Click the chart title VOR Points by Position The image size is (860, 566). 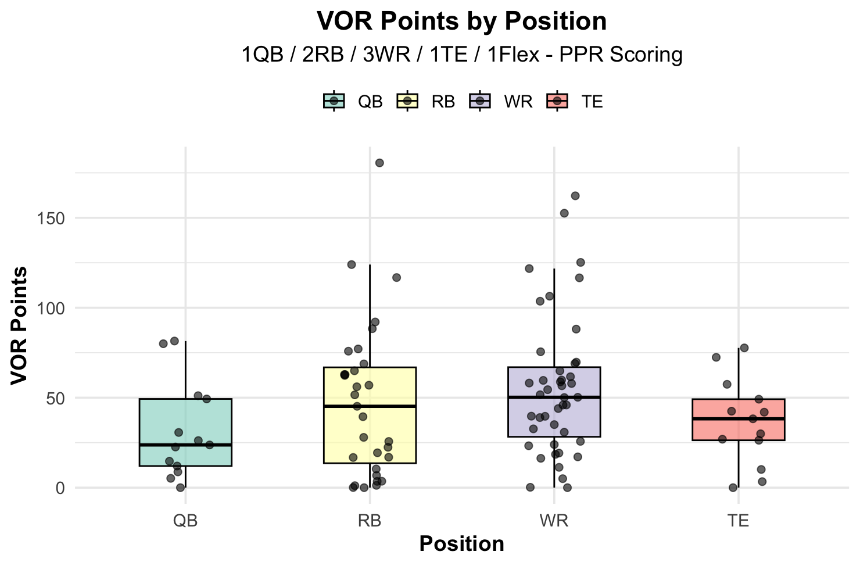[x=461, y=22]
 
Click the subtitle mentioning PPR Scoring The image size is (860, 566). [x=461, y=55]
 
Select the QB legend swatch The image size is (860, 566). [x=334, y=101]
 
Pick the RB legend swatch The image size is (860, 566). [x=407, y=101]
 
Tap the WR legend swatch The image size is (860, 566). [x=480, y=101]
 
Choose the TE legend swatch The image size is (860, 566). [x=557, y=101]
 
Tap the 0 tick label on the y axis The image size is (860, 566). [x=60, y=488]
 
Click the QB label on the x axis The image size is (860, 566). [x=185, y=521]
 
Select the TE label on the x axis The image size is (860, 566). [x=738, y=521]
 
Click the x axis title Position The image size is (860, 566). [x=461, y=544]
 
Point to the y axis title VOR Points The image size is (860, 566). [x=19, y=325]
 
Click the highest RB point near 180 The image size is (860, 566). [x=379, y=163]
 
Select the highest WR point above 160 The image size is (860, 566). [x=575, y=196]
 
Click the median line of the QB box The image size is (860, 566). [x=185, y=445]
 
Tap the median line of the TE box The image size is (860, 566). [x=738, y=418]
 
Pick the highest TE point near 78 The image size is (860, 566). [x=744, y=348]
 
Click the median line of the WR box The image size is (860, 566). [x=554, y=397]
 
